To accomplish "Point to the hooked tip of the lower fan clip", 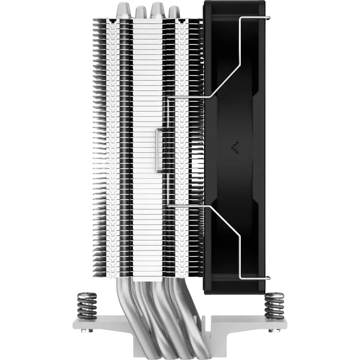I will [x=267, y=279].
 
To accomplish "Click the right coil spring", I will [x=274, y=305].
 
